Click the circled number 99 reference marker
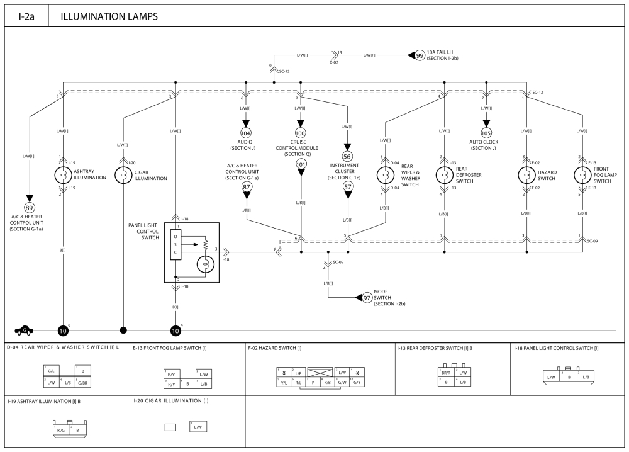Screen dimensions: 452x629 coord(420,56)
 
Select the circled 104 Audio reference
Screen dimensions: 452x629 coord(246,133)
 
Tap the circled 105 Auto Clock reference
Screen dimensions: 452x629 coord(486,133)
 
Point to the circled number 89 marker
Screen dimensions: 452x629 coord(30,208)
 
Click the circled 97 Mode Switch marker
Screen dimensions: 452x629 coord(367,297)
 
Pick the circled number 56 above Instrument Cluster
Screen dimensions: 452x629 coord(347,156)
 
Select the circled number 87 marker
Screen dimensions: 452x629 coord(246,187)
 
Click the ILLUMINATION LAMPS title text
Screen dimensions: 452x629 coord(109,16)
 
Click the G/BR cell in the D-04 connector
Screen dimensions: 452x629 coord(83,382)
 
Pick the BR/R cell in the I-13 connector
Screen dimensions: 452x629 coord(445,373)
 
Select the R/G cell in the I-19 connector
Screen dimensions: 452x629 coord(61,431)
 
